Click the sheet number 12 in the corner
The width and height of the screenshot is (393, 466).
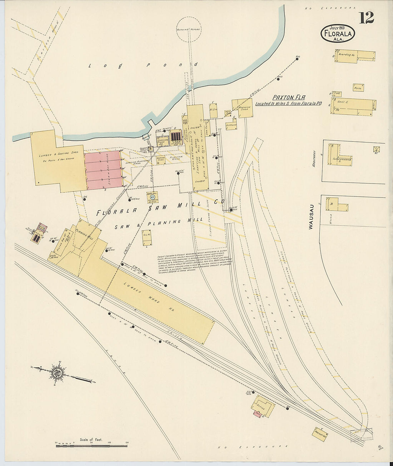(x=367, y=17)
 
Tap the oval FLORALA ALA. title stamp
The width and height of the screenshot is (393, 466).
(x=337, y=33)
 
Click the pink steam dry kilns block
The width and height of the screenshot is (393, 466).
(x=104, y=170)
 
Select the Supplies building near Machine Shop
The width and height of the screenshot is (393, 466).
(x=231, y=126)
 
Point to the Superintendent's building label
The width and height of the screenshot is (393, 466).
(x=342, y=159)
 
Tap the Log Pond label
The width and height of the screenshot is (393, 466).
(x=143, y=65)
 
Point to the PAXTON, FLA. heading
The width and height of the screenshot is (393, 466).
(x=287, y=97)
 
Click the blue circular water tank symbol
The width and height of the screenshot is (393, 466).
(x=152, y=197)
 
